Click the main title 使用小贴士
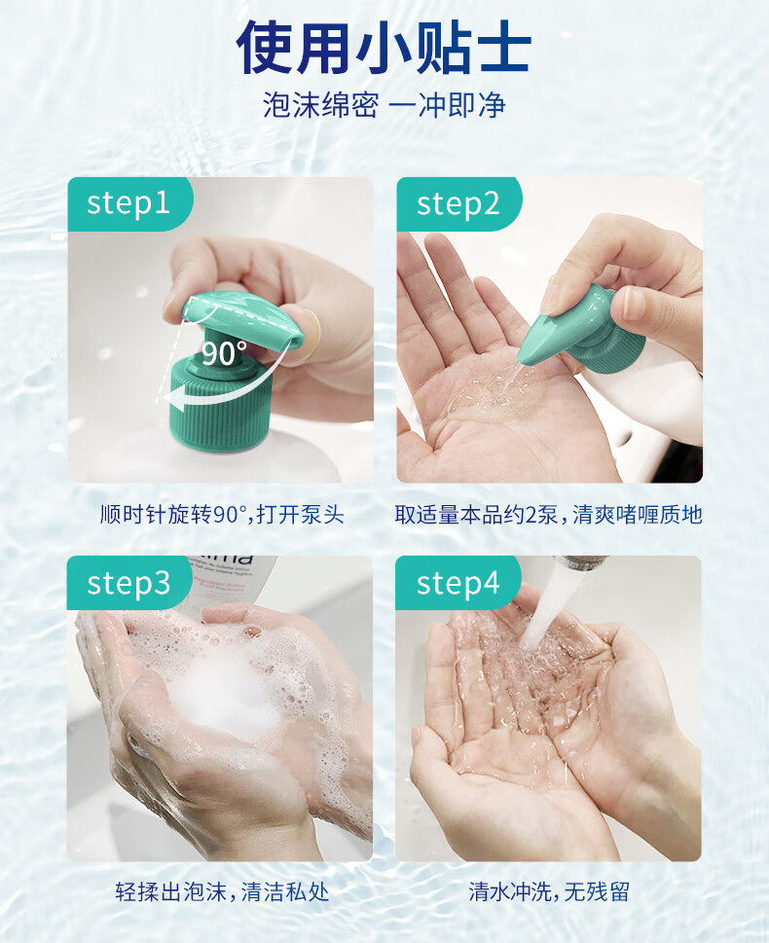[384, 48]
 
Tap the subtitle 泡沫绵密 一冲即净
[384, 105]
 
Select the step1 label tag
[128, 203]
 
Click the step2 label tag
[458, 203]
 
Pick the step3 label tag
[128, 583]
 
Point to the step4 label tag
[458, 583]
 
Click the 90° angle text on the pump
[224, 353]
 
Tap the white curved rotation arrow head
[176, 399]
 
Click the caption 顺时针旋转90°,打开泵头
[221, 515]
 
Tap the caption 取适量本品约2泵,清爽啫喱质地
[549, 515]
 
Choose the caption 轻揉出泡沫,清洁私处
[222, 891]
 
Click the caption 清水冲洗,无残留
[549, 891]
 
